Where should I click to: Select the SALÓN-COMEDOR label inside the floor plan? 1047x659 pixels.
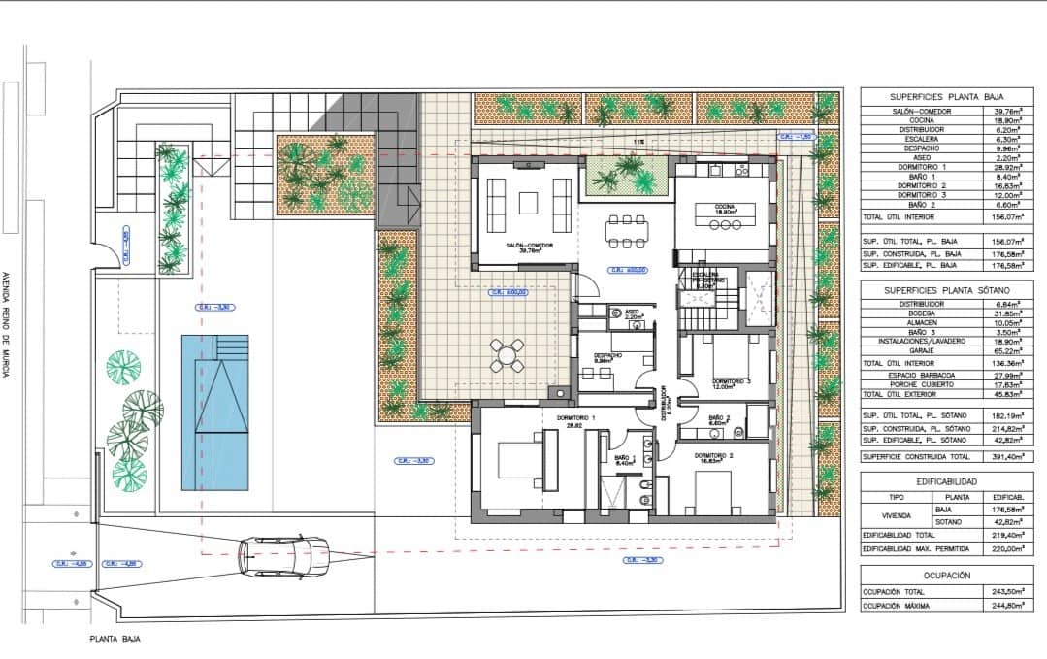[529, 246]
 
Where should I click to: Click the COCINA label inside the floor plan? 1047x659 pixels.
[725, 207]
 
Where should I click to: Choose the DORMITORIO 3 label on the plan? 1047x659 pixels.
[732, 382]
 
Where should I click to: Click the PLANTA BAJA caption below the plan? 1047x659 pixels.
[115, 640]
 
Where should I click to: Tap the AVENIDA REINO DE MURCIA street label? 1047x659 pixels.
[8, 325]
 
